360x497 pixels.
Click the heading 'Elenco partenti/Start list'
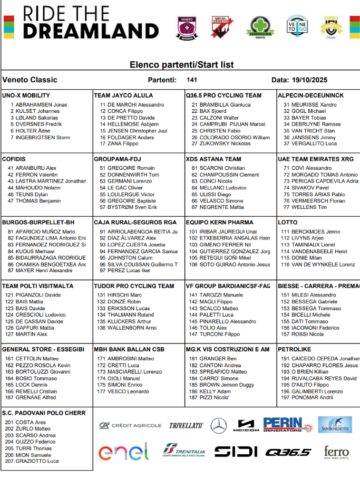181,64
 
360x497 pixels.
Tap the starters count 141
192,80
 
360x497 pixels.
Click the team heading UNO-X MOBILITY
26,95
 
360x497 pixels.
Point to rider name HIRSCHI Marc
124,295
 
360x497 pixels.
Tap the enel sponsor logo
123,452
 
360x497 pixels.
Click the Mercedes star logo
219,425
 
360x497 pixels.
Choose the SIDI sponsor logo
236,452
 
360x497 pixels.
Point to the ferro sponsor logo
336,452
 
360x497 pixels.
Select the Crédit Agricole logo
130,425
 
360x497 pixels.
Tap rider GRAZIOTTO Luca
37,461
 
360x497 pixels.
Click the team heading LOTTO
288,223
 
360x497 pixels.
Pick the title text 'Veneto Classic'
30,80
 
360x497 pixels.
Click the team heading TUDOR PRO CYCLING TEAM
134,286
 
